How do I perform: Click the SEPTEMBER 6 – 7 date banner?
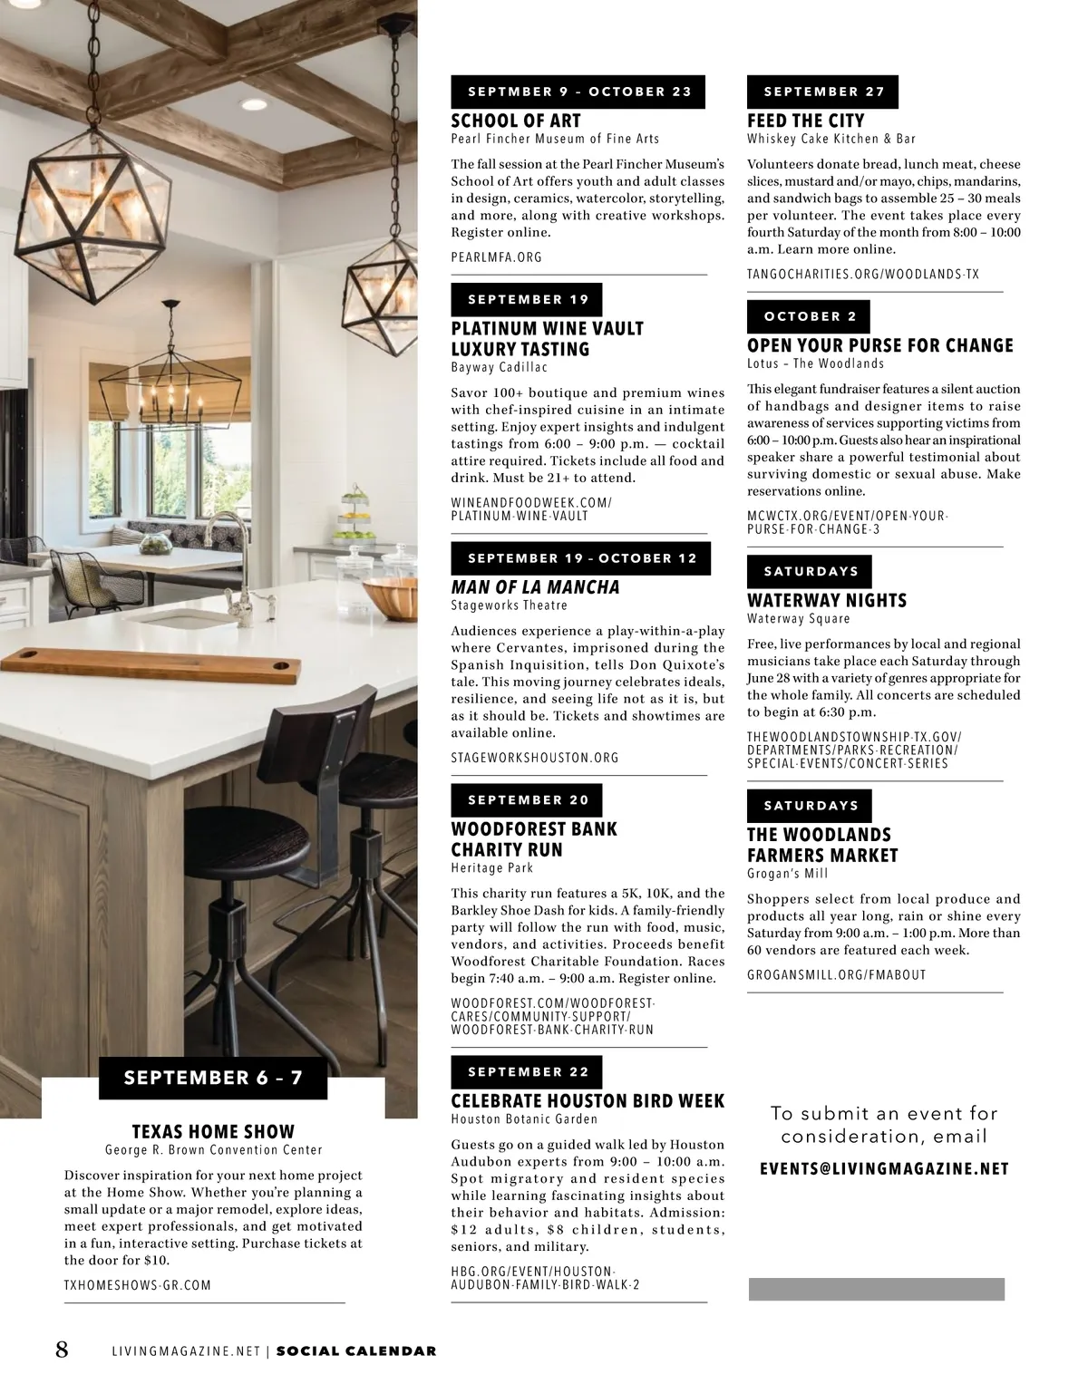(x=213, y=1078)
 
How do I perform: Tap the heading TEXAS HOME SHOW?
(x=213, y=1131)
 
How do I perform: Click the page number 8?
(x=62, y=1350)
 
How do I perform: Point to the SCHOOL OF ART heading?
(x=516, y=121)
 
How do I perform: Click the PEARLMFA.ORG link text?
(x=496, y=257)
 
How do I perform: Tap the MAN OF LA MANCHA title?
(x=535, y=587)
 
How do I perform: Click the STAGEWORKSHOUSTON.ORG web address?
(x=534, y=758)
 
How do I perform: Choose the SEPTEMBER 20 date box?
(x=527, y=799)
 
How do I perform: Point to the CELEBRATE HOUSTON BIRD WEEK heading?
(x=588, y=1101)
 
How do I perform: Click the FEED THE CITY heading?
(x=805, y=121)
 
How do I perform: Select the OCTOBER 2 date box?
(x=809, y=316)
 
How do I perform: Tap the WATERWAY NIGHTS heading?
(x=826, y=600)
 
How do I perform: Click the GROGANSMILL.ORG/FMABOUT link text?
(x=836, y=975)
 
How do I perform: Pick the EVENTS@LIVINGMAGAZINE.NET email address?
(x=884, y=1169)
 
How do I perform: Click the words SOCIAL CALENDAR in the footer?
(x=356, y=1350)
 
